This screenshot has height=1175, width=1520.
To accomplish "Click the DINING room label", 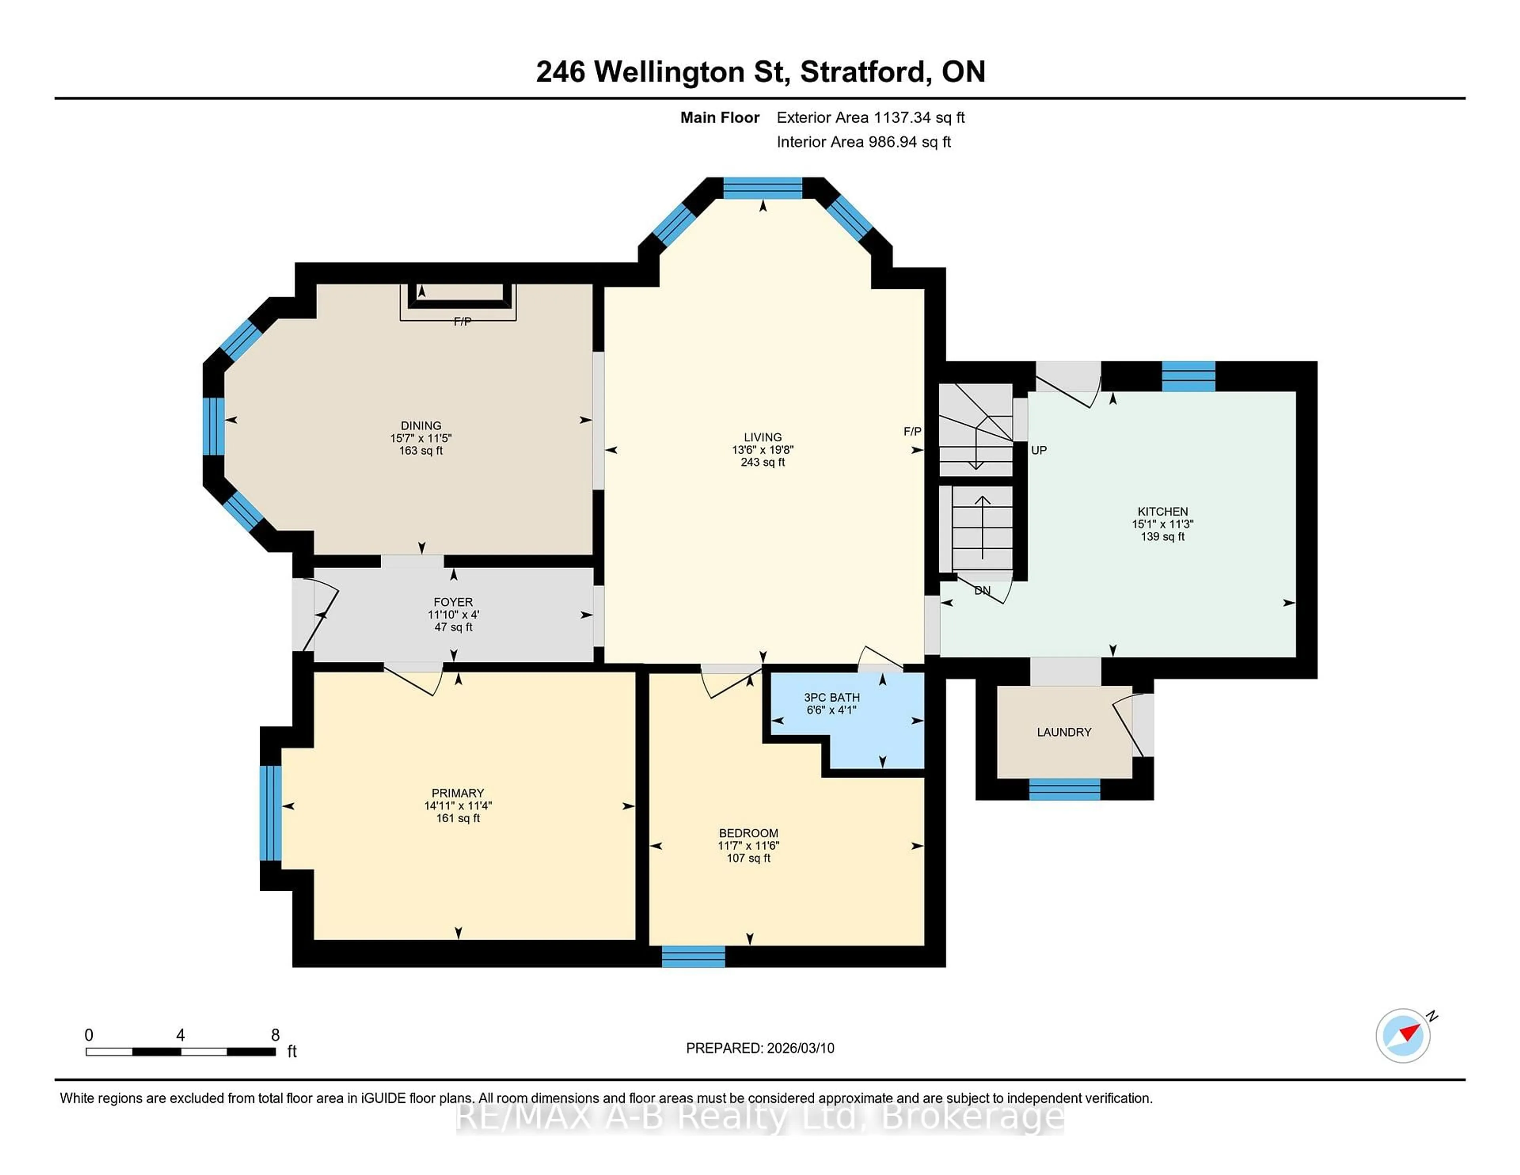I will point(420,425).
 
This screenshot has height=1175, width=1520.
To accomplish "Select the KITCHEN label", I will point(1162,511).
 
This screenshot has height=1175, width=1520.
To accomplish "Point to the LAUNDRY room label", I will point(1064,732).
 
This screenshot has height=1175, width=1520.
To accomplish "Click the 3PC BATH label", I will point(832,698).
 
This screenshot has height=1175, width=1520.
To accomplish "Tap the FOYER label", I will point(453,602).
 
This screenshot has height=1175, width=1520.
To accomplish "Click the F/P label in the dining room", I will point(462,321).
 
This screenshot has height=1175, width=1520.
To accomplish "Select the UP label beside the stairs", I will point(1038,451).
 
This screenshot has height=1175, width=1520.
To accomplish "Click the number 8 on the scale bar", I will point(275,1035).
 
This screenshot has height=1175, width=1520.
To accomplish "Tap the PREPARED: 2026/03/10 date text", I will point(760,1048).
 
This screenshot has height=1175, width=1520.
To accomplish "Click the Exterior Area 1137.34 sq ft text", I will point(871,118).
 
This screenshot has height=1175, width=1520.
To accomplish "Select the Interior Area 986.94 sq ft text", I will point(864,142).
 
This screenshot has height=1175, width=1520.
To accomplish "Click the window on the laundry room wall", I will point(1064,789).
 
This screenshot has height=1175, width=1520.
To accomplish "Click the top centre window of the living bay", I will point(763,188).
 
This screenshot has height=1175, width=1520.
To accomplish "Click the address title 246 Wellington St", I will point(662,72).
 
